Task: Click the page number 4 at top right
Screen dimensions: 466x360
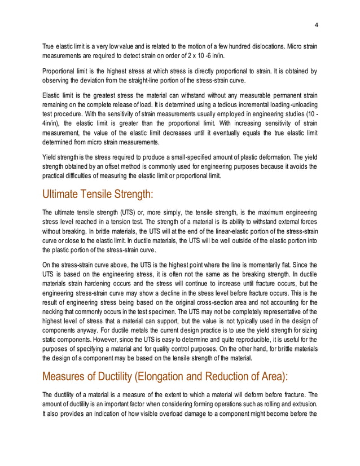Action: pyautogui.click(x=316, y=25)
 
